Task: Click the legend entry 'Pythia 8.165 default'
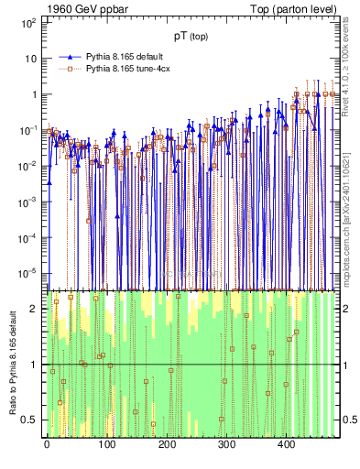click(x=125, y=56)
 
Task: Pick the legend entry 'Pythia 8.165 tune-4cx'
click(x=130, y=68)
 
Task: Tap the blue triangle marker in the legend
click(x=69, y=56)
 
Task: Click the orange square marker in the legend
click(x=69, y=68)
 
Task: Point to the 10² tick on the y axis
click(x=27, y=22)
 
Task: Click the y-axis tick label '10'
click(x=29, y=58)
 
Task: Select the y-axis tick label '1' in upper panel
click(x=33, y=94)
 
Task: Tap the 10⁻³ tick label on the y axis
click(x=27, y=202)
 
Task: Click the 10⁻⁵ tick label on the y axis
click(x=27, y=273)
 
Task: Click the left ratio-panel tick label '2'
click(x=34, y=308)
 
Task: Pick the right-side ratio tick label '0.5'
click(x=349, y=420)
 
